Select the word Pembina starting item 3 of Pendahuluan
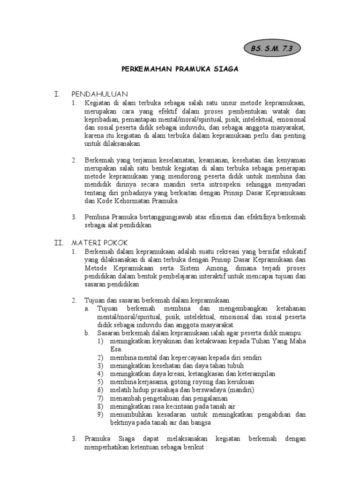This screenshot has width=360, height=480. (x=96, y=217)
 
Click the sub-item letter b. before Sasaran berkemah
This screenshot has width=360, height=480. (x=87, y=333)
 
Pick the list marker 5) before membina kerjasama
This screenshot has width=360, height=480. (x=100, y=382)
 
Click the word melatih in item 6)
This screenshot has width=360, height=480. (x=120, y=390)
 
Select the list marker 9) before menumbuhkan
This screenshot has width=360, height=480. (x=100, y=414)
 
